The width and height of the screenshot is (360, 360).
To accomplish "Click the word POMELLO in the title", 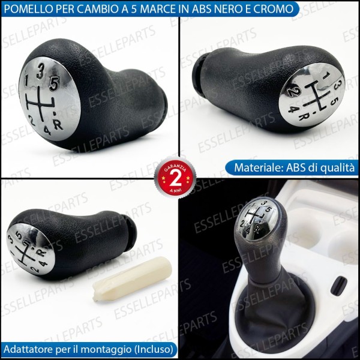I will click(x=28, y=8).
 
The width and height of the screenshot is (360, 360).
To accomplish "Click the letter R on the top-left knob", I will click(x=58, y=125).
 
